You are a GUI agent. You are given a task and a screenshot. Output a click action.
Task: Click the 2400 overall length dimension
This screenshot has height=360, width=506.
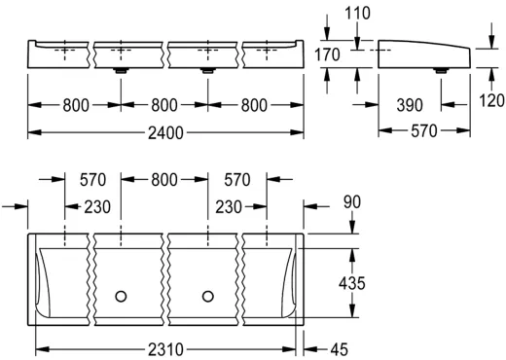coord(164,131)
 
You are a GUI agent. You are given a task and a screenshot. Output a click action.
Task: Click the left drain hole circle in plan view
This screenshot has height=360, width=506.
coord(121,294)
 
